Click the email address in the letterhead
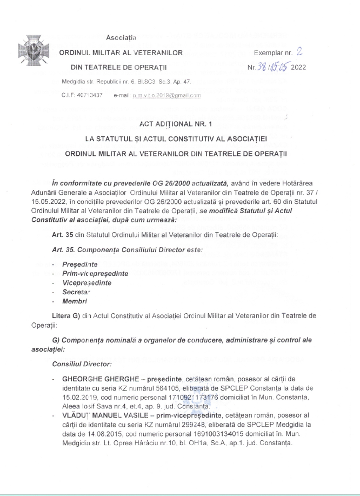[157, 95]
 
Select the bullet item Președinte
[79, 265]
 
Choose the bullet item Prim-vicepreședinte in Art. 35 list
[95, 274]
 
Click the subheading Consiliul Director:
[80, 365]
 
